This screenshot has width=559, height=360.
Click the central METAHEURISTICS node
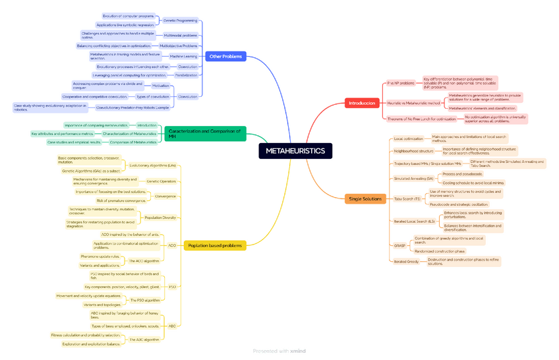(x=295, y=151)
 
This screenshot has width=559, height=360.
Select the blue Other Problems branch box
(x=225, y=57)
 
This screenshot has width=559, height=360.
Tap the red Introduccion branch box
(x=362, y=103)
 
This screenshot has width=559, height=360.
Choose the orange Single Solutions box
(x=365, y=198)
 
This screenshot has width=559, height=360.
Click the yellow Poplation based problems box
(x=214, y=245)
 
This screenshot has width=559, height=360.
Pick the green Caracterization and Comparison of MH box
(x=204, y=134)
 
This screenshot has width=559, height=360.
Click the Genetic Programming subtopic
(x=180, y=20)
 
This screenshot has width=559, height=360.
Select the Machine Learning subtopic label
(x=183, y=56)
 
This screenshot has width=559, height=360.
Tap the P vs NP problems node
(x=401, y=83)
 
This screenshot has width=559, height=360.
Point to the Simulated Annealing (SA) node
(x=413, y=178)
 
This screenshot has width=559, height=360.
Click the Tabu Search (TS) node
(x=407, y=198)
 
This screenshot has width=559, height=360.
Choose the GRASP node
(x=399, y=245)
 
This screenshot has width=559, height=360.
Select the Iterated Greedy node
(x=406, y=261)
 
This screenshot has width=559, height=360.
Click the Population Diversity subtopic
(x=160, y=217)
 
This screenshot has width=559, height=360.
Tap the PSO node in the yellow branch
(x=172, y=287)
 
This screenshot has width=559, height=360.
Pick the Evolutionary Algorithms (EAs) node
(x=152, y=165)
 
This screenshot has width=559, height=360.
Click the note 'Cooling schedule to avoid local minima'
(x=473, y=183)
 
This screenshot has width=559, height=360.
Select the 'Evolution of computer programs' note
(x=129, y=15)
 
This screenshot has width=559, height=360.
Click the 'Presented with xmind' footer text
(x=279, y=351)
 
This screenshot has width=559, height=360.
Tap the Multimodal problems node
(x=180, y=36)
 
